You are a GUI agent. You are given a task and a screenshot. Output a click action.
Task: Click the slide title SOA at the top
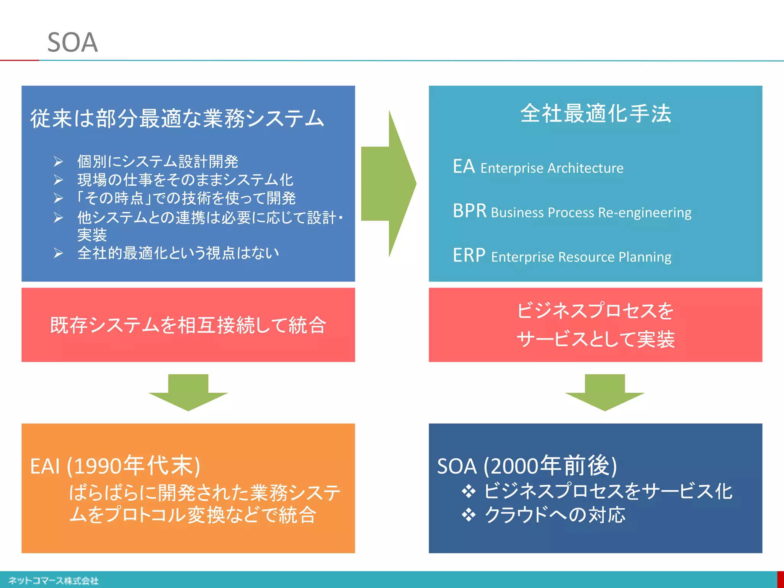(x=72, y=42)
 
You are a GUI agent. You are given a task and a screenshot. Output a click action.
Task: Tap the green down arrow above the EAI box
(x=188, y=392)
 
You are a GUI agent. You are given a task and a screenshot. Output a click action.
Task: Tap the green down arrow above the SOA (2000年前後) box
(x=604, y=392)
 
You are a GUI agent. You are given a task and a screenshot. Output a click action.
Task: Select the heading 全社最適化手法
(x=596, y=114)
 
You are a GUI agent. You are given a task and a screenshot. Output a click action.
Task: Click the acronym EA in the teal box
(x=464, y=167)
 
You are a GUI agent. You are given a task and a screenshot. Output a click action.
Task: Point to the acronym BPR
(x=469, y=211)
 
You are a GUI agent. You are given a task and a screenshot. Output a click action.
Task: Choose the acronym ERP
(x=469, y=255)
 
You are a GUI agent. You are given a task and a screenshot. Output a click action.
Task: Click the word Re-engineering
(x=645, y=212)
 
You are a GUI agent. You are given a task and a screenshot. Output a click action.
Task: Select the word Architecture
(x=585, y=168)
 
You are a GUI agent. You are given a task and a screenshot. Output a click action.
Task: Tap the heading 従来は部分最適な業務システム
(x=177, y=118)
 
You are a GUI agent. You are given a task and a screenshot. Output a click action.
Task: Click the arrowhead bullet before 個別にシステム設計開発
(x=58, y=162)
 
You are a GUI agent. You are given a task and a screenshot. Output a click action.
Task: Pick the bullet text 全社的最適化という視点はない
(x=178, y=253)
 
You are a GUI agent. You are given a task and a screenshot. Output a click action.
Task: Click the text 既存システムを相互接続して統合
(x=188, y=325)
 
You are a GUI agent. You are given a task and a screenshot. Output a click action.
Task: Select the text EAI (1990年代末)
(x=115, y=466)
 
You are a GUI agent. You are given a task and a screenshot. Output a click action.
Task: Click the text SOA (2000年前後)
(x=527, y=466)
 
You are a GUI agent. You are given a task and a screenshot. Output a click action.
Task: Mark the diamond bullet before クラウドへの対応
(x=469, y=515)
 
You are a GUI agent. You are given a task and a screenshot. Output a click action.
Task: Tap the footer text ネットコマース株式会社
(x=53, y=581)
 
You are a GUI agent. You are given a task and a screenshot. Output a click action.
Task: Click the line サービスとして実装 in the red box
(x=595, y=340)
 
